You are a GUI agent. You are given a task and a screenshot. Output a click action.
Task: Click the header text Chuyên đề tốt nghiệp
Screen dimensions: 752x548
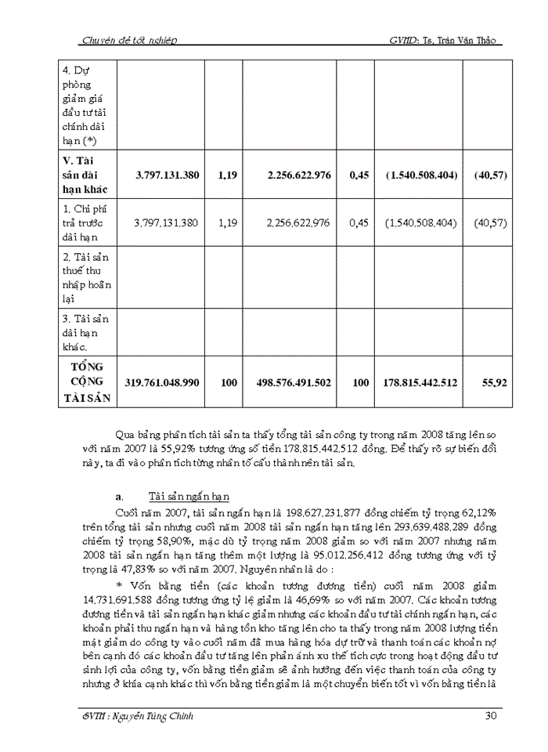click(129, 40)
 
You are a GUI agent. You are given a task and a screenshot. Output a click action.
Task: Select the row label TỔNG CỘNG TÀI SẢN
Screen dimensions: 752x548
click(87, 382)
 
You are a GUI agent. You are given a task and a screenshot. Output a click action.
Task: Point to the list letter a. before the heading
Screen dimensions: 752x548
click(119, 497)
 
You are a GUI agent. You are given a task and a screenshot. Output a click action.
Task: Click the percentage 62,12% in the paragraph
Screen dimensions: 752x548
click(483, 512)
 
